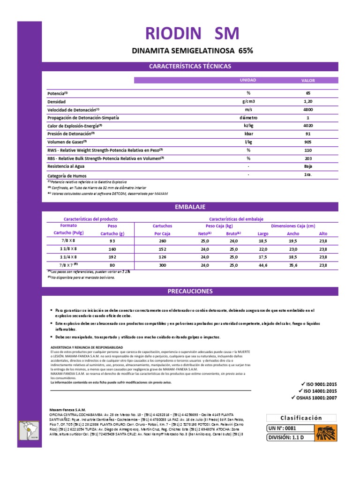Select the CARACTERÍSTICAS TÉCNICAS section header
coord(189,66)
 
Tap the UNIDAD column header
coord(248,80)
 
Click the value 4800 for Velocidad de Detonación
coord(308,109)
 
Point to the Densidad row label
coord(57,101)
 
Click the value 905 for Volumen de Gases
coord(308,142)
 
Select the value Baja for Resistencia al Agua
coord(308,166)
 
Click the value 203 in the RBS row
coord(308,158)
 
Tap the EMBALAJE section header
coord(189,207)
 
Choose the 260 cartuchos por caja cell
coord(164,240)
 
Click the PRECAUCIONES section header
coord(189,291)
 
